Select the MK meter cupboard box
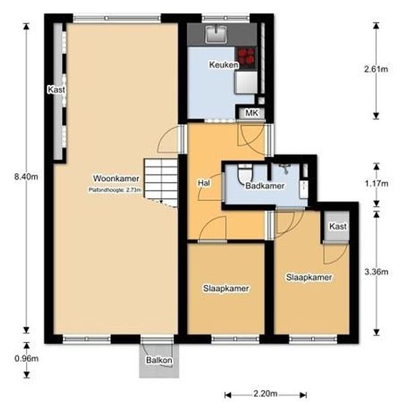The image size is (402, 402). pos(251,113)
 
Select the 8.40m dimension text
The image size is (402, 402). pos(20,175)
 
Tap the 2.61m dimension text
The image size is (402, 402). pos(376,69)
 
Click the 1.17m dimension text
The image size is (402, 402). pos(376,184)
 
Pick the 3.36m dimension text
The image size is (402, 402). pos(376,272)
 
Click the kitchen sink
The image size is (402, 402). pos(216,32)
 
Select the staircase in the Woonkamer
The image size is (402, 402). pos(161,183)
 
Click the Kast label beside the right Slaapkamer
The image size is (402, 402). pos(337,227)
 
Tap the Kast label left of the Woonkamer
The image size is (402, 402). pos(56,90)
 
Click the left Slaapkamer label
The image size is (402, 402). pos(226,289)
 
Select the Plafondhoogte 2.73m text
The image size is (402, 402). pos(113,189)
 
